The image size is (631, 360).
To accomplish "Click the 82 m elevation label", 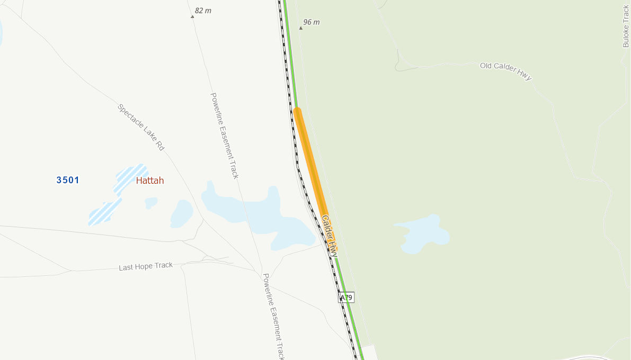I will click(203, 11).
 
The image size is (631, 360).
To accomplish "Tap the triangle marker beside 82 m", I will click(192, 16).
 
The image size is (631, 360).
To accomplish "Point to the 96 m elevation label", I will click(311, 22).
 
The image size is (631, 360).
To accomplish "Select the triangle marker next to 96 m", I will click(300, 28).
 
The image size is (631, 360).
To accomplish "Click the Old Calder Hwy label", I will click(505, 71).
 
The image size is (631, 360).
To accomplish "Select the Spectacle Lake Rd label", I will click(141, 127).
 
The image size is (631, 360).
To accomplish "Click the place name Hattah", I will click(150, 181).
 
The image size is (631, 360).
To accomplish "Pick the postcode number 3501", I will click(68, 180).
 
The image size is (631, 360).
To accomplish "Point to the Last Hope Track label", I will click(146, 266).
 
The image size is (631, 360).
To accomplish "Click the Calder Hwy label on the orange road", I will click(330, 236).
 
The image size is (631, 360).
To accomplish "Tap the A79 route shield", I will click(346, 298).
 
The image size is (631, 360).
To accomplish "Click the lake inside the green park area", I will click(424, 233).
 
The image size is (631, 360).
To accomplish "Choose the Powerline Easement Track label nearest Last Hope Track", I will click(273, 317).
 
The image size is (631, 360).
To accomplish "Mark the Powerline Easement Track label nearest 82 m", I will click(225, 136).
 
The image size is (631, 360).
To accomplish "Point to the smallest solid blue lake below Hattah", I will click(151, 203).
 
